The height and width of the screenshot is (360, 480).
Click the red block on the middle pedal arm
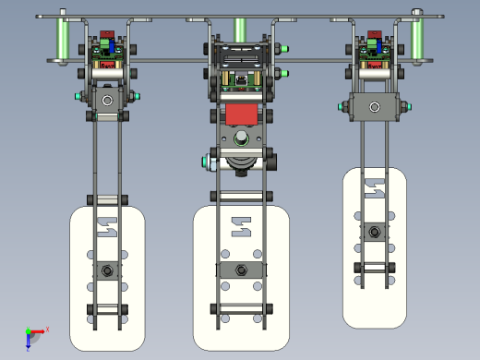pyautogui.click(x=241, y=115)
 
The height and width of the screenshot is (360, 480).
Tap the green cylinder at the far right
pyautogui.click(x=415, y=40)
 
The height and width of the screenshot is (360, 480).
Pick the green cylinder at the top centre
pyautogui.click(x=240, y=30)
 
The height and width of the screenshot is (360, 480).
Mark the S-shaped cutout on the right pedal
pyautogui.click(x=374, y=188)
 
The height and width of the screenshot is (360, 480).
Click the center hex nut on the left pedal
pyautogui.click(x=108, y=270)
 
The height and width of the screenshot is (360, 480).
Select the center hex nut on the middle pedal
pyautogui.click(x=241, y=270)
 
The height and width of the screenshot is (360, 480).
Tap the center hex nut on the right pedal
pyautogui.click(x=374, y=231)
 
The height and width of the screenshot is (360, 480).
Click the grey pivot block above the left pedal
pyautogui.click(x=107, y=99)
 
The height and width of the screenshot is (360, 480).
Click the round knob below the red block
pyautogui.click(x=241, y=139)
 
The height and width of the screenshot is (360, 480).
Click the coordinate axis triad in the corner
pyautogui.click(x=31, y=334)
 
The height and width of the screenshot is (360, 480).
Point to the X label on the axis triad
pyautogui.click(x=47, y=329)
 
